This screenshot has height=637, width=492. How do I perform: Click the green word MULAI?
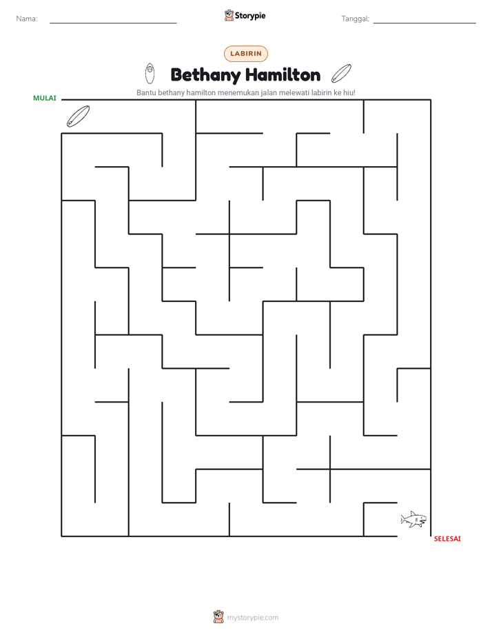[x=45, y=99]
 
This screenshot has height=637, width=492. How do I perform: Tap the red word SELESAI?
[x=447, y=538]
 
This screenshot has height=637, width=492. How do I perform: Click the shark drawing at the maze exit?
[x=413, y=519]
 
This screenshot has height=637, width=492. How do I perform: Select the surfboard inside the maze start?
[x=78, y=117]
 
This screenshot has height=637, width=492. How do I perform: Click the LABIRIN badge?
[x=246, y=54]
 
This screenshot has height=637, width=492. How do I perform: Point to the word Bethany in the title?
[x=206, y=75]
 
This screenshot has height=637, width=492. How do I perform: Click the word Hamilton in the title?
[x=283, y=74]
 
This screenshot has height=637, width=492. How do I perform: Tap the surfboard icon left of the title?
[x=150, y=74]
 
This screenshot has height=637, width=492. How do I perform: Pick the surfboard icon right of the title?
[x=341, y=73]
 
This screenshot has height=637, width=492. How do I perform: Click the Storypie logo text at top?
[x=250, y=16]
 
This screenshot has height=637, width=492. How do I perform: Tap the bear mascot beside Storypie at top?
[x=229, y=15]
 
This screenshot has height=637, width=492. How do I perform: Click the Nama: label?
[x=27, y=19]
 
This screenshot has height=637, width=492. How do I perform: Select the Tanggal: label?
[x=355, y=19]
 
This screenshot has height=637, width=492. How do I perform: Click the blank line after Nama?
[x=113, y=23]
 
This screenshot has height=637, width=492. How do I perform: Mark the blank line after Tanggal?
[x=424, y=23]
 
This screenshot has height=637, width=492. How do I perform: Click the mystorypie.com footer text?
[x=252, y=618]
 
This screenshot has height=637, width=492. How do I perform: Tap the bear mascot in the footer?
[x=218, y=617]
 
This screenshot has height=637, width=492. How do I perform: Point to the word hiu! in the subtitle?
[x=349, y=92]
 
